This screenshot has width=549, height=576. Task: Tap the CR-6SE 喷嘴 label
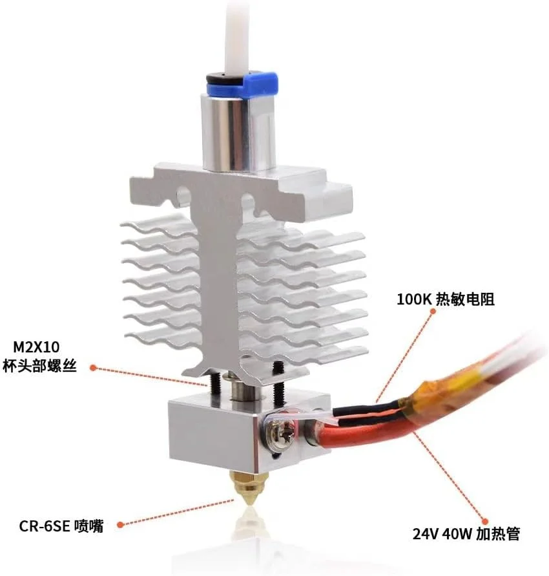[63, 525]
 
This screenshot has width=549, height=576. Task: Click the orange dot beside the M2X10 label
[93, 367]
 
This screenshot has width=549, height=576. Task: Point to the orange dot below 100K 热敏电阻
[432, 312]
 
